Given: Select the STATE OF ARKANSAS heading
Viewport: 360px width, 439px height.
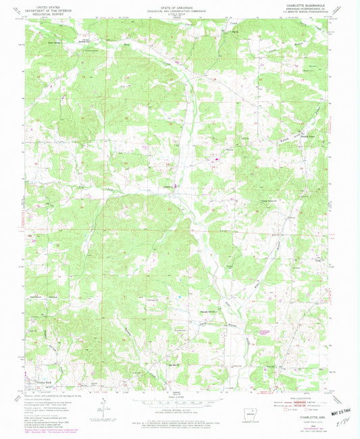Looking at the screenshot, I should click(x=180, y=5).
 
